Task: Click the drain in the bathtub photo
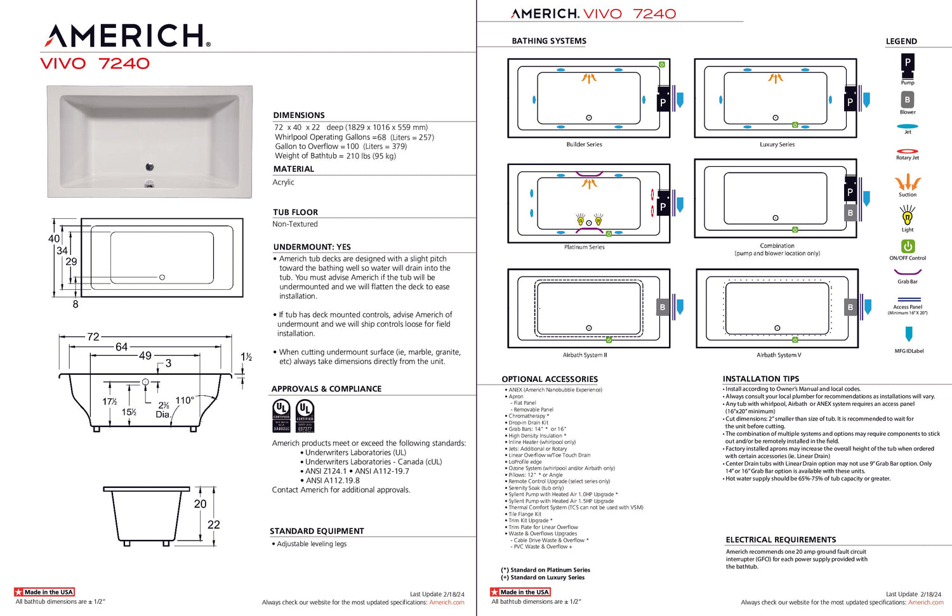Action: (150, 167)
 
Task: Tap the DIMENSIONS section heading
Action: (299, 115)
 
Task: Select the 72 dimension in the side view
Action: (93, 337)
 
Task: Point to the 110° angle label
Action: (185, 400)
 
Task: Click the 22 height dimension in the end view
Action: (214, 525)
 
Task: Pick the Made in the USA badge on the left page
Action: (44, 592)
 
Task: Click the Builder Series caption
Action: (584, 145)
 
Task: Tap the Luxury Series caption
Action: (777, 145)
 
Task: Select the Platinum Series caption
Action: (584, 247)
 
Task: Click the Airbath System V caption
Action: (779, 355)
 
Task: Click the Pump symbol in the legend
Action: (908, 63)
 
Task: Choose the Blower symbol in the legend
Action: (908, 100)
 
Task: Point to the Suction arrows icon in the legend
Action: (908, 183)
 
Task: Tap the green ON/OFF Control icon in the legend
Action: (908, 246)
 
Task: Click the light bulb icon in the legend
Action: (908, 217)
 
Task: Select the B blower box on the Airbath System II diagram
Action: (663, 307)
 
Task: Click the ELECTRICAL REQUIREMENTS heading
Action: (781, 540)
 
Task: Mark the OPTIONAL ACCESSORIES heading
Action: (550, 379)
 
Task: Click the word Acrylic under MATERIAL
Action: (284, 183)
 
